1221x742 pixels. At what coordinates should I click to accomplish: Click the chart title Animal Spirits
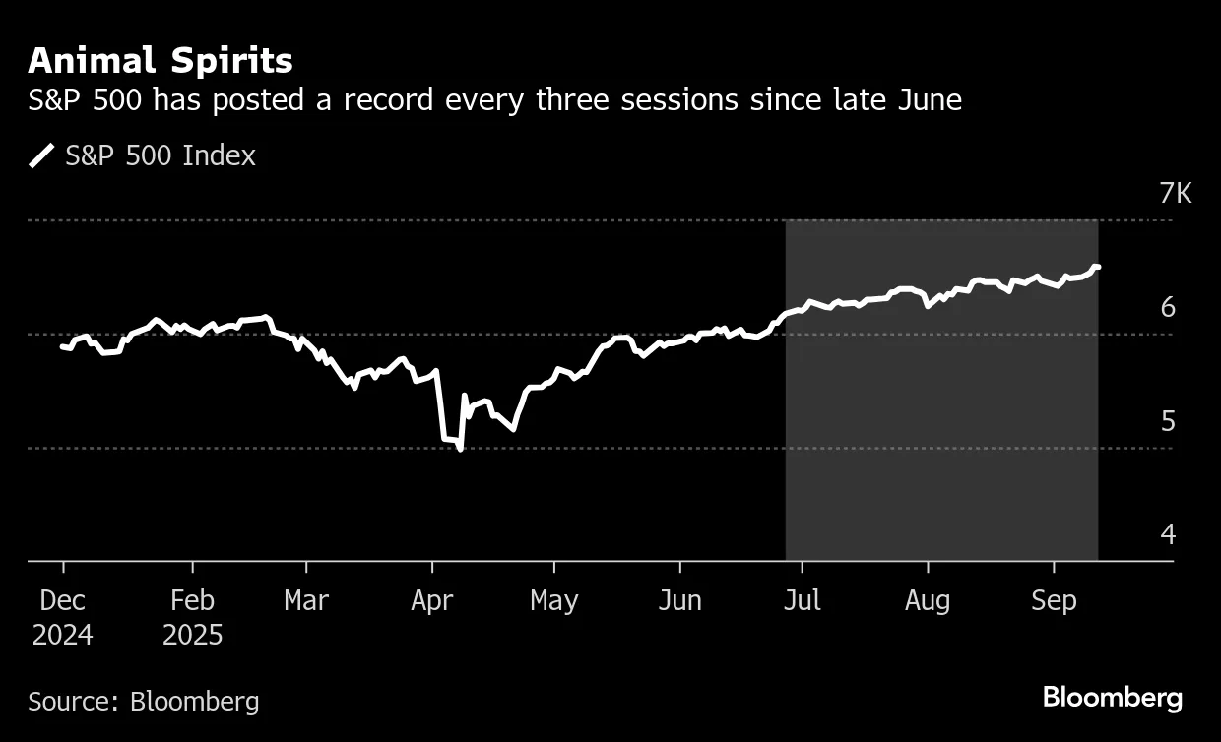161,61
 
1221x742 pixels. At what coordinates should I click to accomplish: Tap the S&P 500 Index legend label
161,155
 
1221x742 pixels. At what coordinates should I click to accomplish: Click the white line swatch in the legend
42,155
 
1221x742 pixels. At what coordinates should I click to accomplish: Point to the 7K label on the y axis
1175,194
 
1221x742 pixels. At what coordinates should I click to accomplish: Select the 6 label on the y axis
1168,308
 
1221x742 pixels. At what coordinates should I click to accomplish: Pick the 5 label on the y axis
1168,421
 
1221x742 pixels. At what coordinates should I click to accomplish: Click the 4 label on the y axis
1168,534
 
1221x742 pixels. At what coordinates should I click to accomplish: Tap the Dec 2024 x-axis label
63,617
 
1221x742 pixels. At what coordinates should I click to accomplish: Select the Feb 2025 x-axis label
193,617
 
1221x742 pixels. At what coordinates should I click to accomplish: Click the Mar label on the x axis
306,600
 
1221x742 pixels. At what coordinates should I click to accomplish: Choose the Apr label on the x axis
431,600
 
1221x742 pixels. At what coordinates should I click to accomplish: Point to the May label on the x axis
554,600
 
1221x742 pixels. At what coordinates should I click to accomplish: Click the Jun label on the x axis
679,600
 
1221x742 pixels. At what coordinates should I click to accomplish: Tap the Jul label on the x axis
802,600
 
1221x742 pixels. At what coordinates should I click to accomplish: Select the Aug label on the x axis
927,600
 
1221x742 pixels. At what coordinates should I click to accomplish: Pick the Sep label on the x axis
1054,600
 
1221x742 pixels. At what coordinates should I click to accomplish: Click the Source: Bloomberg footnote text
144,702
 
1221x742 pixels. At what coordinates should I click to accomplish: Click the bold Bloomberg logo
1113,699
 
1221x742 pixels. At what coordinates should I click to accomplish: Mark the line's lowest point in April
461,449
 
